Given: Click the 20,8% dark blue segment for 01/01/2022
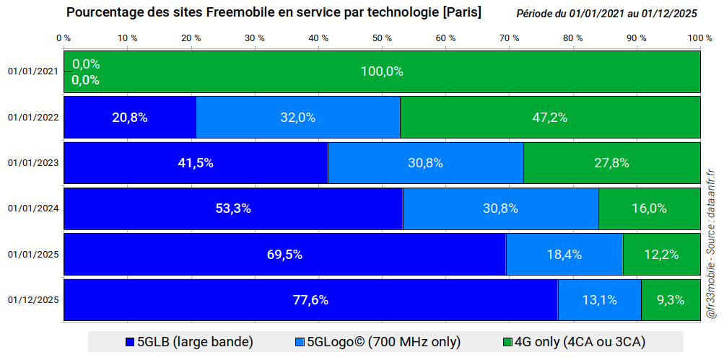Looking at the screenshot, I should tap(130, 117).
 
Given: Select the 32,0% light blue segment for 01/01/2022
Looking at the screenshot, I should tap(298, 117).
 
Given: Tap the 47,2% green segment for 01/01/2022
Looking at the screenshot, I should tap(550, 117).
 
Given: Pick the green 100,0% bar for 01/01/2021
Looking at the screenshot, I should tap(382, 71).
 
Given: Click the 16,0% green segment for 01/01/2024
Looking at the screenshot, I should tap(649, 208).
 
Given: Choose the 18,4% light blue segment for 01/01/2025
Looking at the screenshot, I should tap(564, 254).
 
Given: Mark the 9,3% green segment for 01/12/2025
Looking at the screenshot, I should tap(671, 300).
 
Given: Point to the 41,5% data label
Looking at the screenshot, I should tap(196, 163).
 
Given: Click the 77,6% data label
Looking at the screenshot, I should tap(310, 300).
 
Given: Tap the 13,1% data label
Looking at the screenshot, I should tap(599, 300).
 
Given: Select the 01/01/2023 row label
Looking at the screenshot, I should tap(33, 163).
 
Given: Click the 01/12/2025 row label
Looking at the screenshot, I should tap(33, 300).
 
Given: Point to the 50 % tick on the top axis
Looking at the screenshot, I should tap(382, 38).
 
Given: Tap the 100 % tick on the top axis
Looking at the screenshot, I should tap(697, 38).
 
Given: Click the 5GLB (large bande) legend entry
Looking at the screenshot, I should tap(189, 342).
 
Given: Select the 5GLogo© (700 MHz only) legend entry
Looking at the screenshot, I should tap(378, 342).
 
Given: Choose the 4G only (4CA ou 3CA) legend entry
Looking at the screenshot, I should tap(574, 342).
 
